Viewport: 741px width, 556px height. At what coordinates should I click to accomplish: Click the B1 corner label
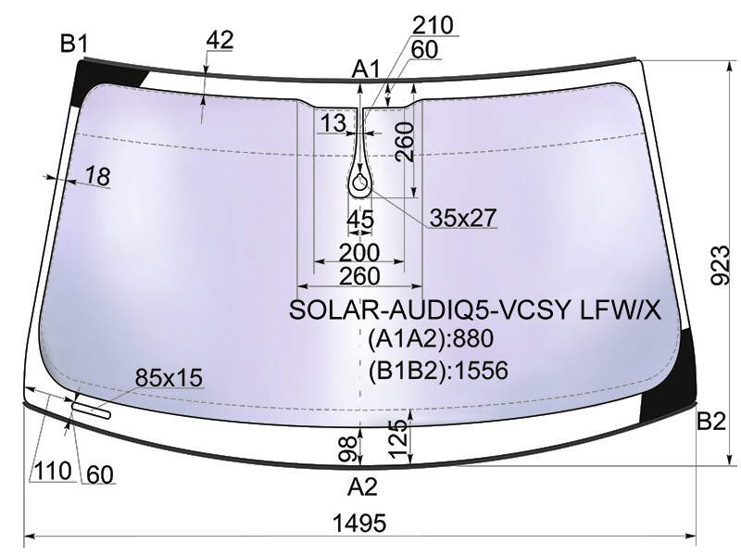pos(74,44)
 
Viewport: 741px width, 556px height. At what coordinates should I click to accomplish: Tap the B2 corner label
pos(711,421)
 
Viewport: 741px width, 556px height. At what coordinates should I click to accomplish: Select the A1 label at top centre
pos(366,70)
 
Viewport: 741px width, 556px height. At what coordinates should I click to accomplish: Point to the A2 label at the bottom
pos(362,486)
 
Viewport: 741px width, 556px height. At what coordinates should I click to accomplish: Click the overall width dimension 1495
pos(359,524)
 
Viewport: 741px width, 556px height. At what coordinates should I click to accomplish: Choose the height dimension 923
pos(721,265)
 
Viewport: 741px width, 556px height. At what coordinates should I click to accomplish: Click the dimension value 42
pos(220,40)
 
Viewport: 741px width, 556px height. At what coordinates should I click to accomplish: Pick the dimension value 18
pos(98,176)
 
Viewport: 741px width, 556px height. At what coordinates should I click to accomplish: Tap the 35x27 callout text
pos(463,218)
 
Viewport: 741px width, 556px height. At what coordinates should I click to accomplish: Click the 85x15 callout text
pos(169,378)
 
